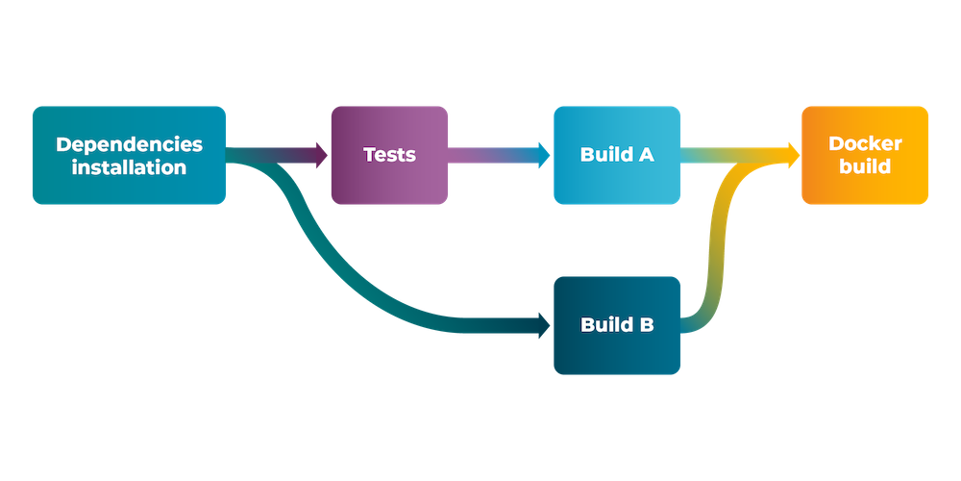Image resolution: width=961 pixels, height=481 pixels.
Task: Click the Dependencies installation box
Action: [129, 155]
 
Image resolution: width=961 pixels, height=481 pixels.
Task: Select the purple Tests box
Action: [389, 155]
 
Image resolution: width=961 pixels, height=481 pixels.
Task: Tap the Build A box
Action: [617, 155]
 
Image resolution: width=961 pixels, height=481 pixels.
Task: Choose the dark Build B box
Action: [617, 325]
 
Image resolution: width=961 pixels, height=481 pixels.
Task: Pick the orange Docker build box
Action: [865, 155]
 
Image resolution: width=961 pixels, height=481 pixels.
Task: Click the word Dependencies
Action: [130, 144]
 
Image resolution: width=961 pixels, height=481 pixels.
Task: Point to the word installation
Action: [130, 166]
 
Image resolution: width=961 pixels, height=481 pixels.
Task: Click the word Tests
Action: [389, 155]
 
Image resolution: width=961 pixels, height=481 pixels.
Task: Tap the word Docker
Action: [865, 144]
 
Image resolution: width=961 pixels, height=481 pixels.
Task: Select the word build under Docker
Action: [865, 166]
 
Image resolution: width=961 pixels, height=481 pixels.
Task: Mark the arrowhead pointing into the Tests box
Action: [320, 155]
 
